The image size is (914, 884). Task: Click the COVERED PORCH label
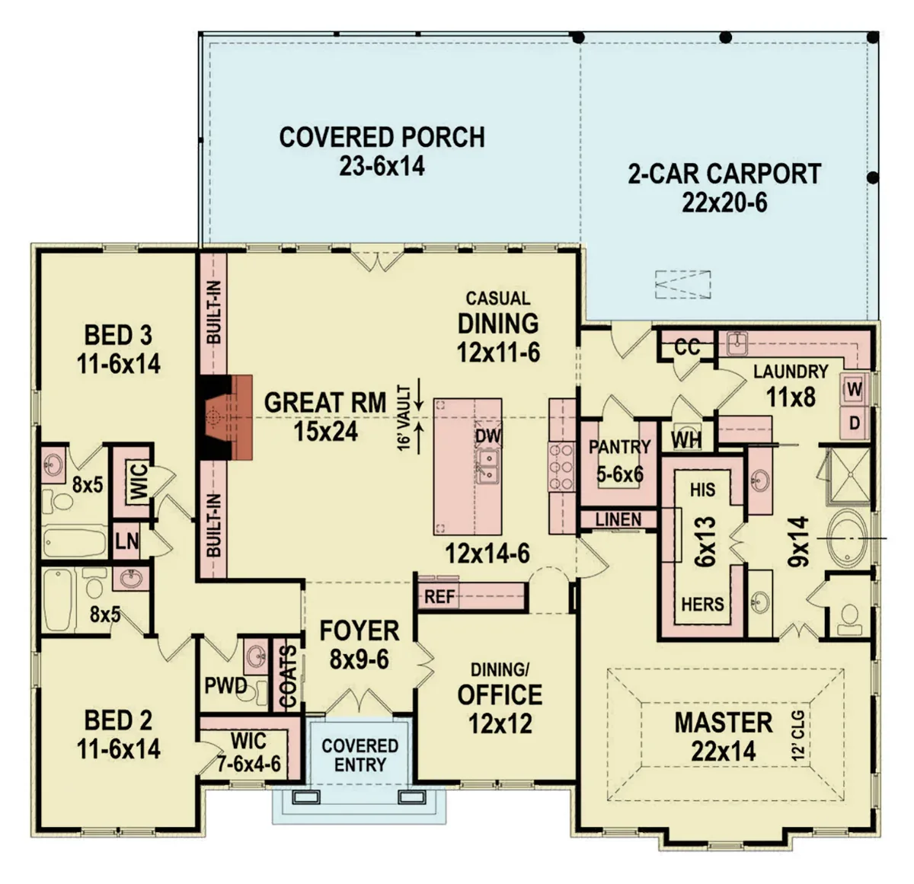tap(382, 138)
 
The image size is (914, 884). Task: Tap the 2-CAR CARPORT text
tap(724, 174)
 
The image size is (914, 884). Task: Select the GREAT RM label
tap(325, 402)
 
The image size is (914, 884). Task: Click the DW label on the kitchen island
tap(488, 436)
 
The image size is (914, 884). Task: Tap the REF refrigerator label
tap(439, 597)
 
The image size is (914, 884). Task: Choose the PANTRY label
tap(619, 446)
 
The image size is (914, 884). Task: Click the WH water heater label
tap(686, 441)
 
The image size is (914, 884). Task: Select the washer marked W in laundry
tap(855, 389)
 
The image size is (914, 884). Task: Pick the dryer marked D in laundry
tap(855, 423)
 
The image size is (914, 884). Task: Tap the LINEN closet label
tap(618, 519)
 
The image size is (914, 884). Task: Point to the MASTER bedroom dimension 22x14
tap(724, 752)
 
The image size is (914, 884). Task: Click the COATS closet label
tap(287, 675)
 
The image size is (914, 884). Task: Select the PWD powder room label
tap(225, 686)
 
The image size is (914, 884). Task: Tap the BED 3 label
tap(118, 335)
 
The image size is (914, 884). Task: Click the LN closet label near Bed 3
tap(126, 541)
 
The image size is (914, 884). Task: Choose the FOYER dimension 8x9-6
tap(360, 659)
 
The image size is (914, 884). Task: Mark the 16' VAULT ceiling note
tap(404, 418)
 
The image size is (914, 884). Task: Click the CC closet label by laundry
tap(687, 347)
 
